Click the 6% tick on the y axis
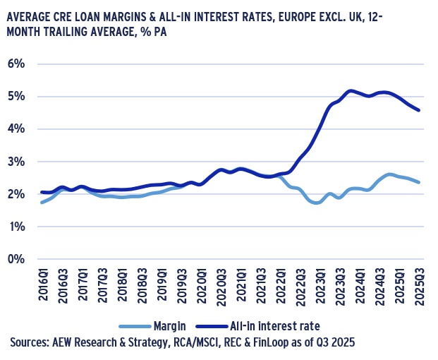coord(16,64)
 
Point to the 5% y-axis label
coord(16,96)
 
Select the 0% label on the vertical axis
coord(16,259)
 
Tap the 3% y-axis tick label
coord(16,162)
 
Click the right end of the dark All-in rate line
coord(419,110)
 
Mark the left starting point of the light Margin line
coord(42,203)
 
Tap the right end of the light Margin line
coord(419,182)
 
